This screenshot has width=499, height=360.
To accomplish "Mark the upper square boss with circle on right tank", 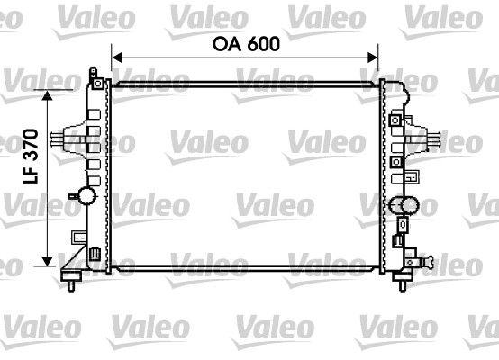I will tap(396, 120).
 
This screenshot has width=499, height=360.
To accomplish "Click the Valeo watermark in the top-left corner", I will tap(27, 16).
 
